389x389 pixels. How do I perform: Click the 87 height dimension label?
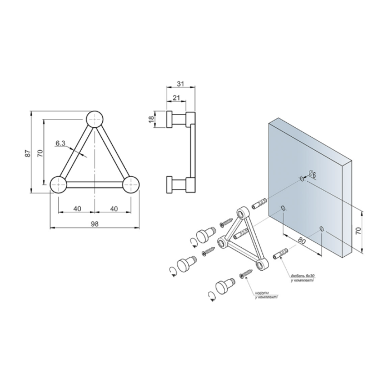[28, 153]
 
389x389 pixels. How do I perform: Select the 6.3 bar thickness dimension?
[60, 143]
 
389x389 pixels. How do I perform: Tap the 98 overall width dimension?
[94, 224]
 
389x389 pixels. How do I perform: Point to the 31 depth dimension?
[181, 83]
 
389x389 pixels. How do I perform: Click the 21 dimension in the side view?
[176, 98]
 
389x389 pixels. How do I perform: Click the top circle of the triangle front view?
[94, 119]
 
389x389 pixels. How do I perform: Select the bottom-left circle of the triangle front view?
[58, 184]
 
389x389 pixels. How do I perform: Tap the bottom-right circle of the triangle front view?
[131, 184]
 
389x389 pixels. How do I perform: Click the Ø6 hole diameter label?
[312, 175]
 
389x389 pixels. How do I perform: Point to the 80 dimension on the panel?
[301, 241]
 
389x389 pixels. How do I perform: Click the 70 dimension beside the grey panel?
[358, 231]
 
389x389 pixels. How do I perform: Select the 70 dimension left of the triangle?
[41, 153]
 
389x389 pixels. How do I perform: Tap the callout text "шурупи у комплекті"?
[266, 295]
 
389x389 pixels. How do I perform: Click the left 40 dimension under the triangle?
[77, 208]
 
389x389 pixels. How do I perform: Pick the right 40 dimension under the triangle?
[113, 208]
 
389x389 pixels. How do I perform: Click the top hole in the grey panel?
[302, 178]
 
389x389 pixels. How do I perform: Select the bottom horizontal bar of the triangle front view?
[94, 184]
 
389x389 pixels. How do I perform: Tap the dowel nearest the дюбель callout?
[280, 253]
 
